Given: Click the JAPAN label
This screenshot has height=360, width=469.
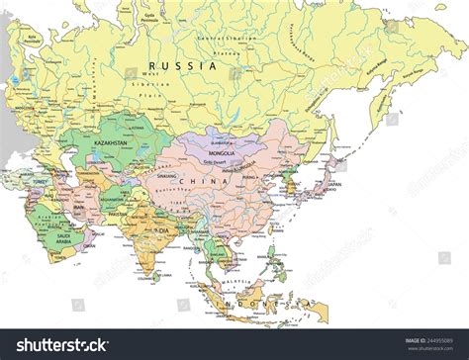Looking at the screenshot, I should (x=334, y=183).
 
